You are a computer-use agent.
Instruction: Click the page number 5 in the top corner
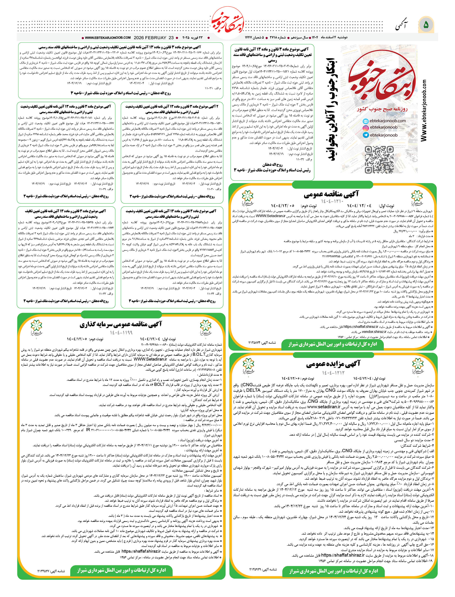tap(426, 25)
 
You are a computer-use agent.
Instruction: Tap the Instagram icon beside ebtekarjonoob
tap(366, 128)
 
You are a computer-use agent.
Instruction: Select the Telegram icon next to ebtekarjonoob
tap(366, 135)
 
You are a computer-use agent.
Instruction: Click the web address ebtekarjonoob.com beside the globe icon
tap(388, 121)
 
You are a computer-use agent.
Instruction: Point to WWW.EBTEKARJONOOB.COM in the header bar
tap(108, 38)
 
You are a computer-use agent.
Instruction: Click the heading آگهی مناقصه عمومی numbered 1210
tap(331, 194)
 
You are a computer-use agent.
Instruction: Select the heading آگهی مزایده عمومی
tap(333, 364)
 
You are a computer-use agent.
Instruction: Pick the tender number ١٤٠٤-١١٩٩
tap(121, 333)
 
